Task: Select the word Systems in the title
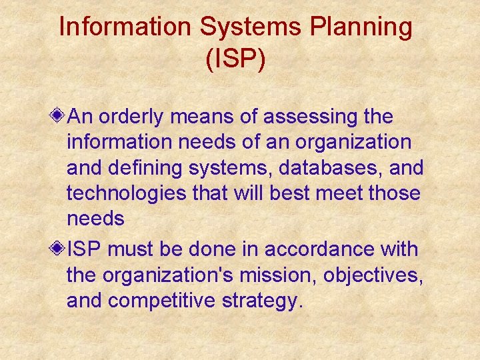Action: pos(237,28)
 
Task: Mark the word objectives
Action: pos(386,275)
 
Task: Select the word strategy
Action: pos(267,301)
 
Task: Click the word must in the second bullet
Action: pos(129,249)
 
